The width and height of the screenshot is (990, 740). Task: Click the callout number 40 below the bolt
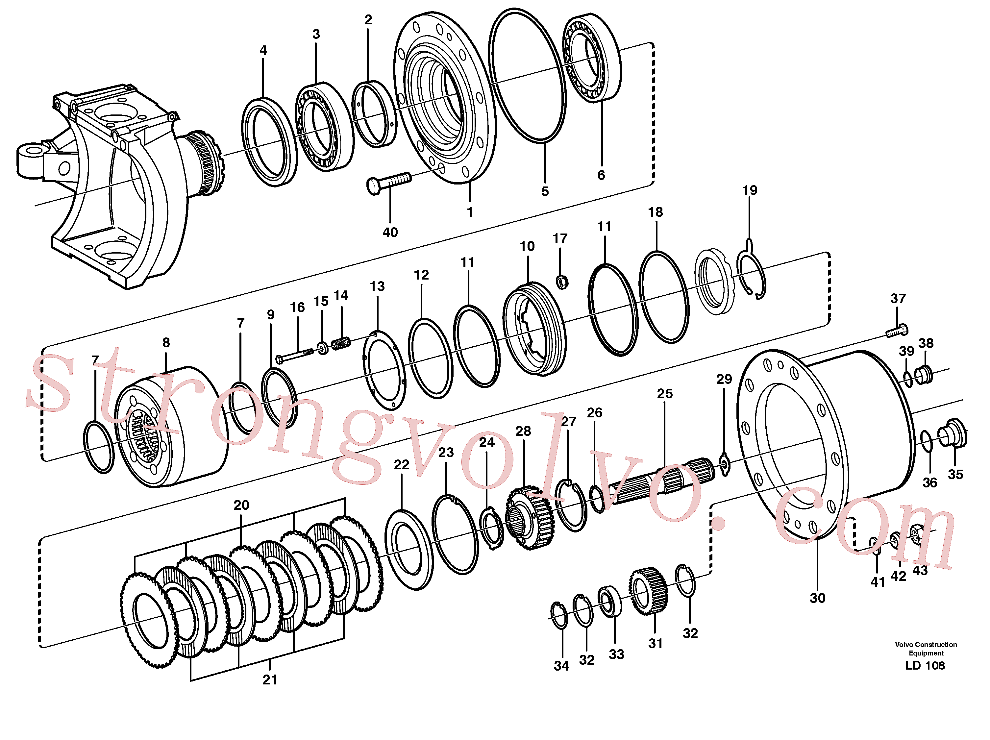click(x=390, y=232)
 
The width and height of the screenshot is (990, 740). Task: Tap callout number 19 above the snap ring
click(x=750, y=190)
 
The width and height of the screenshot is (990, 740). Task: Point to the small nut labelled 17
click(x=562, y=282)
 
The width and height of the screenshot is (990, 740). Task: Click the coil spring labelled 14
click(x=341, y=343)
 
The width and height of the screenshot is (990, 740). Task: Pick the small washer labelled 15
click(x=322, y=347)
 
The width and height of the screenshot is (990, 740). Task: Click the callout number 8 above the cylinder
click(x=166, y=342)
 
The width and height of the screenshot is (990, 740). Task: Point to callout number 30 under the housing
click(x=817, y=598)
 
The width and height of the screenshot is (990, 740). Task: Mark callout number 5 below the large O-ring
click(x=545, y=192)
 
